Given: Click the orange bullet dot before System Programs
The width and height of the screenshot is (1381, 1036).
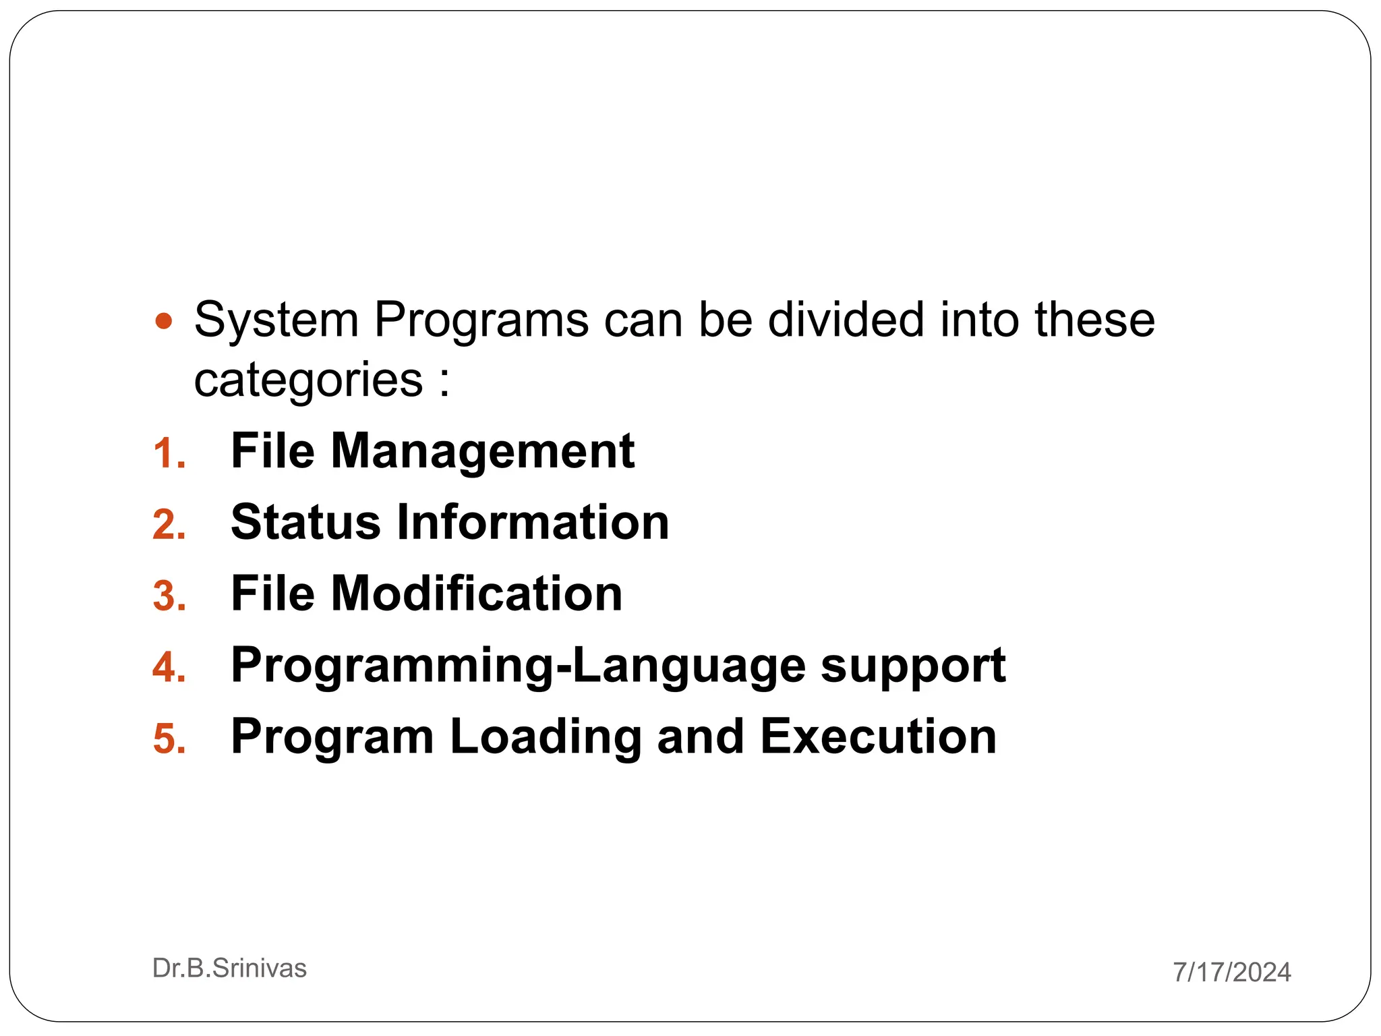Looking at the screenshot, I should tap(164, 320).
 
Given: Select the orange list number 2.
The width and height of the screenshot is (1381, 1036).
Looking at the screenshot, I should tap(169, 524).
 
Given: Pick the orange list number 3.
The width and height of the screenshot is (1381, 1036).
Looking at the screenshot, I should tap(169, 596).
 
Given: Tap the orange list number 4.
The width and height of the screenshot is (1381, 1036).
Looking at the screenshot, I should tap(169, 667).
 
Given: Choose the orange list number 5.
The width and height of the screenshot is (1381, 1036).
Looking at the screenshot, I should tap(169, 739).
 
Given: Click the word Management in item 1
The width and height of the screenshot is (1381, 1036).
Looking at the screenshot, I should tap(482, 451).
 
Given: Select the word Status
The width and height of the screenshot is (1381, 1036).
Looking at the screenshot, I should tap(305, 522).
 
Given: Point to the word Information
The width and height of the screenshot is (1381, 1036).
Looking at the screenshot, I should tap(533, 522).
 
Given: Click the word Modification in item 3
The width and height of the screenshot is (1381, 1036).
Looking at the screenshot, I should tap(476, 594).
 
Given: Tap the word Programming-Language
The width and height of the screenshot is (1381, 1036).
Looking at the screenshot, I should tap(518, 666).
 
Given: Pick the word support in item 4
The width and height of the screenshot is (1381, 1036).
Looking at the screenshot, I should tap(913, 666).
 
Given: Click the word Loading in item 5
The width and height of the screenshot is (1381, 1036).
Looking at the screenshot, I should tap(545, 737).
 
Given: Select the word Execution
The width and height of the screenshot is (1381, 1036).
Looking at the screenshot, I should tap(878, 737).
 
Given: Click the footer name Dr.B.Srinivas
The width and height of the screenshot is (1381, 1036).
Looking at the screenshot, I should tap(229, 969).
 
